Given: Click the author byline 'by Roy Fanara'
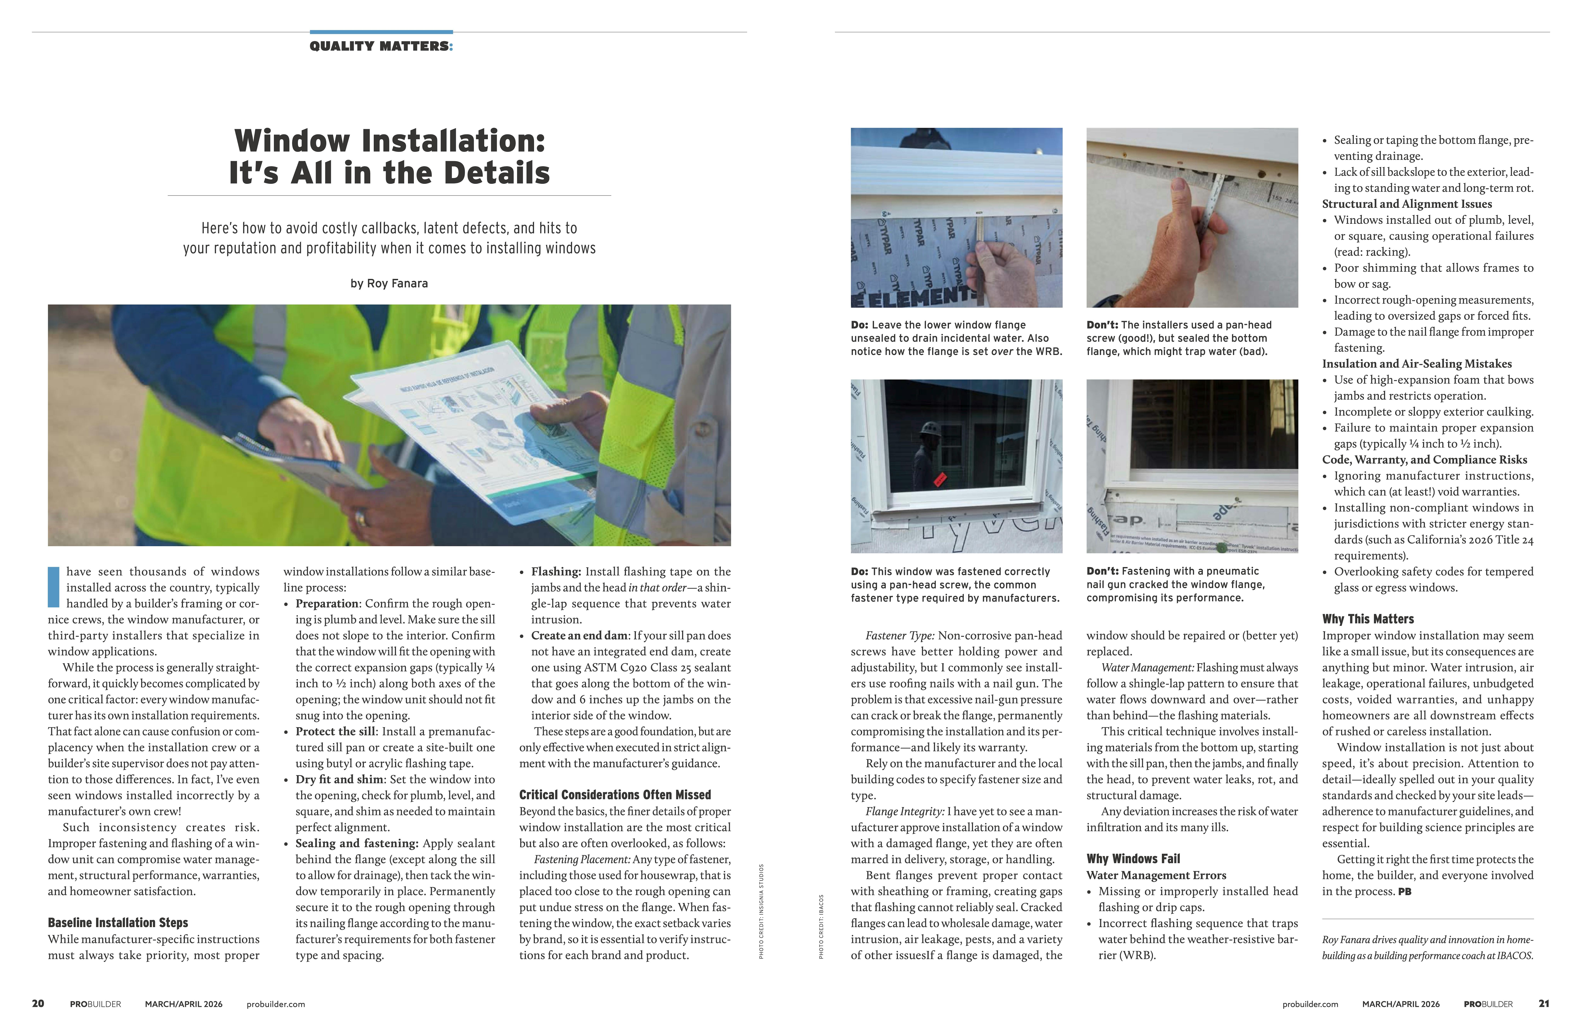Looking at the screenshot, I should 389,283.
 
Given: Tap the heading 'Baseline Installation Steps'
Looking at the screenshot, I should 118,923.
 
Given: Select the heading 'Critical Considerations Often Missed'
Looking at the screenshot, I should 615,795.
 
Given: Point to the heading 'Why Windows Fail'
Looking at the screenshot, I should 1133,859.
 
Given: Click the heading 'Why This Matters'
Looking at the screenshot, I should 1368,619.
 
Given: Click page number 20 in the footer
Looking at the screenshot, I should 38,1004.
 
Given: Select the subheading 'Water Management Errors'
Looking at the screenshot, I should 1156,875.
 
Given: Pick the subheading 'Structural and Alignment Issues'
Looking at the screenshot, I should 1406,204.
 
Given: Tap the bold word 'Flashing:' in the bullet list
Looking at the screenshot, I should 556,572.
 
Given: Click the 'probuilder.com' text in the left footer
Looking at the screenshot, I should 275,1004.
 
